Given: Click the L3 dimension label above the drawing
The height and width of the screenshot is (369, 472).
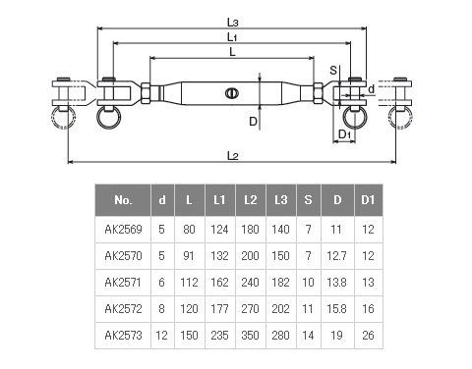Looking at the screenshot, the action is (232, 23).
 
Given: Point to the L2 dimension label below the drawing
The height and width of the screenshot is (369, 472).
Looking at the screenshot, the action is (232, 156).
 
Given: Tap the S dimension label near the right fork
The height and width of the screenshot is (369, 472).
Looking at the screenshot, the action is (333, 70).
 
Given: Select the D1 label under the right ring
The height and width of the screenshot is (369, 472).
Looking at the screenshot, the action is (344, 134).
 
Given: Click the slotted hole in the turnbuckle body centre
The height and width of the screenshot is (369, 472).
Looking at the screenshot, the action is (232, 93).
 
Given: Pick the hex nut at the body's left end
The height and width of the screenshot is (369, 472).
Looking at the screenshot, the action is (146, 93).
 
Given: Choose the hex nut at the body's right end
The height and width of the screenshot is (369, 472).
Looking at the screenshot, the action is (318, 93).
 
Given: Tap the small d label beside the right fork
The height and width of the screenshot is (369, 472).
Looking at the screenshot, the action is (371, 89).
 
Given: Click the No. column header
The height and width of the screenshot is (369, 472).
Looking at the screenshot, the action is (123, 200).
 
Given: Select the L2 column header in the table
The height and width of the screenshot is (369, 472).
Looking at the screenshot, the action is (251, 200).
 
